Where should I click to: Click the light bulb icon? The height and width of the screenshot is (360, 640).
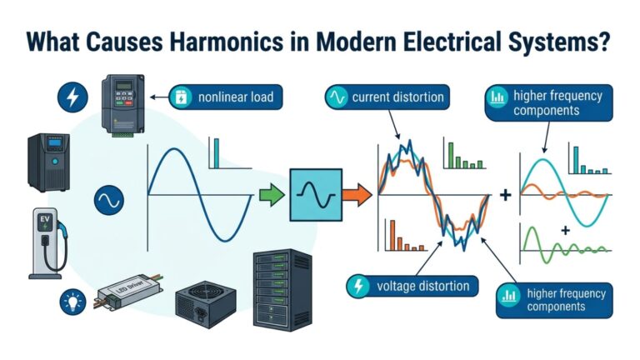click(x=69, y=302)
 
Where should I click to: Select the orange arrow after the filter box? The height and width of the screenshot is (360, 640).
click(x=356, y=197)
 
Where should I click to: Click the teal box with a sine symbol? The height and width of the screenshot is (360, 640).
click(x=314, y=194)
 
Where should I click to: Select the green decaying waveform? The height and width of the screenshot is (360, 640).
click(x=567, y=242)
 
